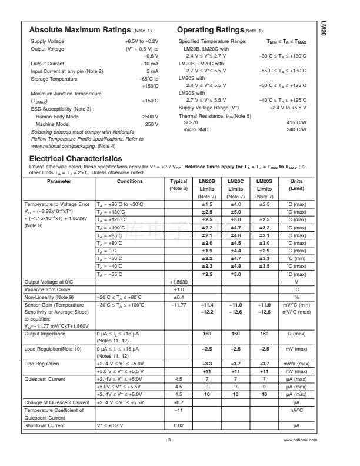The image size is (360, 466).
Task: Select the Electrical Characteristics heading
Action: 75,158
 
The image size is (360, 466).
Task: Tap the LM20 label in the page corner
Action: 323,29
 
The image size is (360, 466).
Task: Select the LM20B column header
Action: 207,181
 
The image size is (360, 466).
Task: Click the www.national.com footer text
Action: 299,440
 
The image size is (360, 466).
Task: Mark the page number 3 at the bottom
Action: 168,440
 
